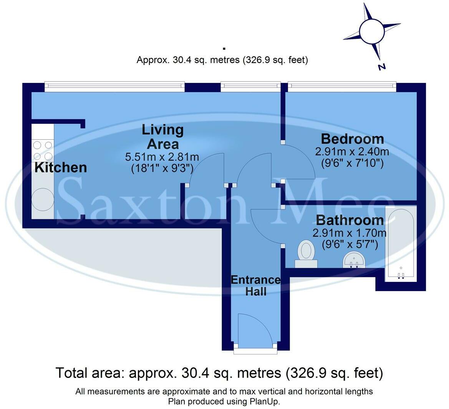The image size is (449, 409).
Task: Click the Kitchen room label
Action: [61, 167]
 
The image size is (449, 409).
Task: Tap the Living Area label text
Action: [162, 137]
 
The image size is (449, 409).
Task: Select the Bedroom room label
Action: [352, 139]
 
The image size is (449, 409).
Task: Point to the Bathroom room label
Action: [350, 220]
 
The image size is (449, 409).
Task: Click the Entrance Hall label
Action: [255, 285]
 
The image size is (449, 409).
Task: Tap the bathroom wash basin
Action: [355, 260]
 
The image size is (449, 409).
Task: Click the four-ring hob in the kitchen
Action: [43, 151]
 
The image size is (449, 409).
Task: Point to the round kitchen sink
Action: [42, 199]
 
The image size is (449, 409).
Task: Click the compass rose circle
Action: [371, 31]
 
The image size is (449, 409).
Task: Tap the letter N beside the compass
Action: [381, 67]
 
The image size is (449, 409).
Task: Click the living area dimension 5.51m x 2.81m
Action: [162, 157]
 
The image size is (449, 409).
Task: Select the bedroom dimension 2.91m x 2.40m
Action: [352, 152]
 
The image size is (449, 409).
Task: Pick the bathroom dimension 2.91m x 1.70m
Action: [349, 233]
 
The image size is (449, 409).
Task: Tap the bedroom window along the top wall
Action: [341, 87]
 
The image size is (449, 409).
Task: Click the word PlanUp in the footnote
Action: [265, 402]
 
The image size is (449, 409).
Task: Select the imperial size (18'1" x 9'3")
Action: [162, 168]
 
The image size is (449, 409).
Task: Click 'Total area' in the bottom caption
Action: [90, 373]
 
